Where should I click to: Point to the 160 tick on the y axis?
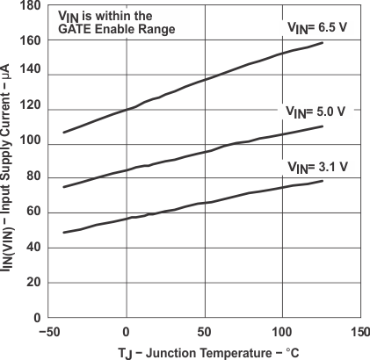[32, 40]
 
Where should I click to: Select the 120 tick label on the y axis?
[32, 110]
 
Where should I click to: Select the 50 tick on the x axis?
[205, 333]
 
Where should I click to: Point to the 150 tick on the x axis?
[359, 333]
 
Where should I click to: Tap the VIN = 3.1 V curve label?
[317, 165]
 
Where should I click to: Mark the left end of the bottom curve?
[63, 233]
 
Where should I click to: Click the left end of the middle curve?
[63, 187]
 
